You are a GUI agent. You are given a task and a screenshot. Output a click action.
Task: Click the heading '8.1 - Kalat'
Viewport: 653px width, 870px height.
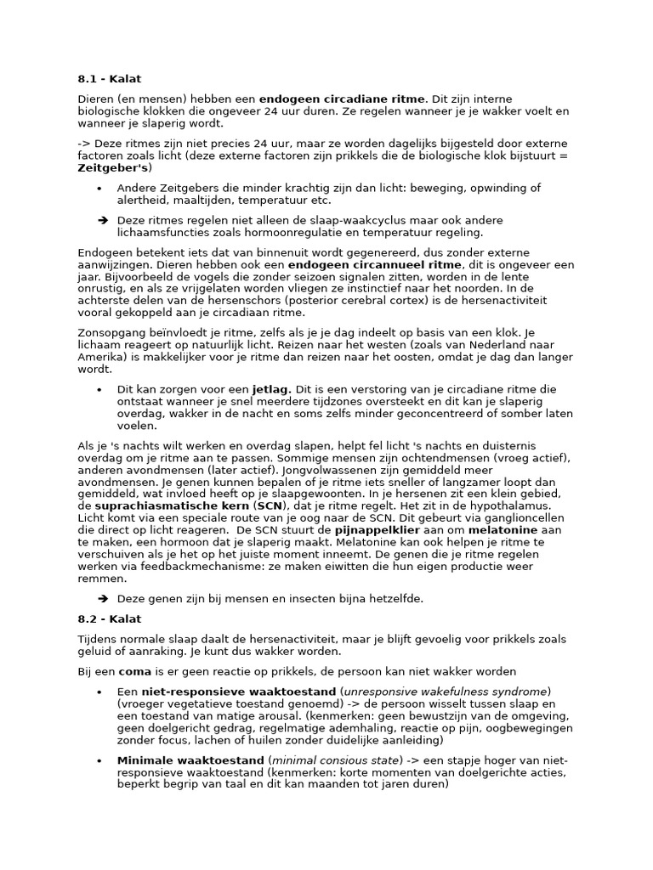tap(109, 80)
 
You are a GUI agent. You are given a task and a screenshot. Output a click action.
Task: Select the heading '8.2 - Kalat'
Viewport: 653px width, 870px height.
tap(109, 619)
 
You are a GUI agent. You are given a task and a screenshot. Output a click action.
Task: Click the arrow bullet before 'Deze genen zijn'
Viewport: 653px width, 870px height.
tap(102, 598)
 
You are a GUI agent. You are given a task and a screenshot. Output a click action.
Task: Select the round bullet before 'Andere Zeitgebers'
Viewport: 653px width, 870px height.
tap(99, 189)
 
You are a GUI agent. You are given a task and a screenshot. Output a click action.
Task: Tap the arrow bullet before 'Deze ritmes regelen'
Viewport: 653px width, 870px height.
tap(102, 220)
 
